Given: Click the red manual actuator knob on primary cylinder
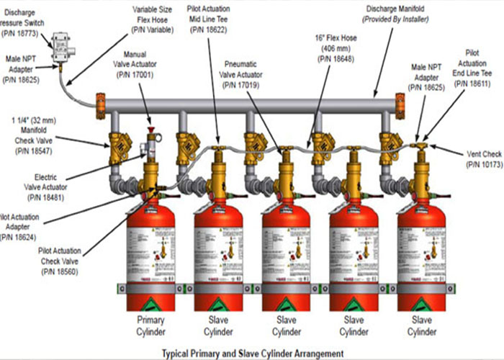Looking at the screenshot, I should pyautogui.click(x=152, y=131).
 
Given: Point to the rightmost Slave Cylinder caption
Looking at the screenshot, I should pyautogui.click(x=423, y=324).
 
